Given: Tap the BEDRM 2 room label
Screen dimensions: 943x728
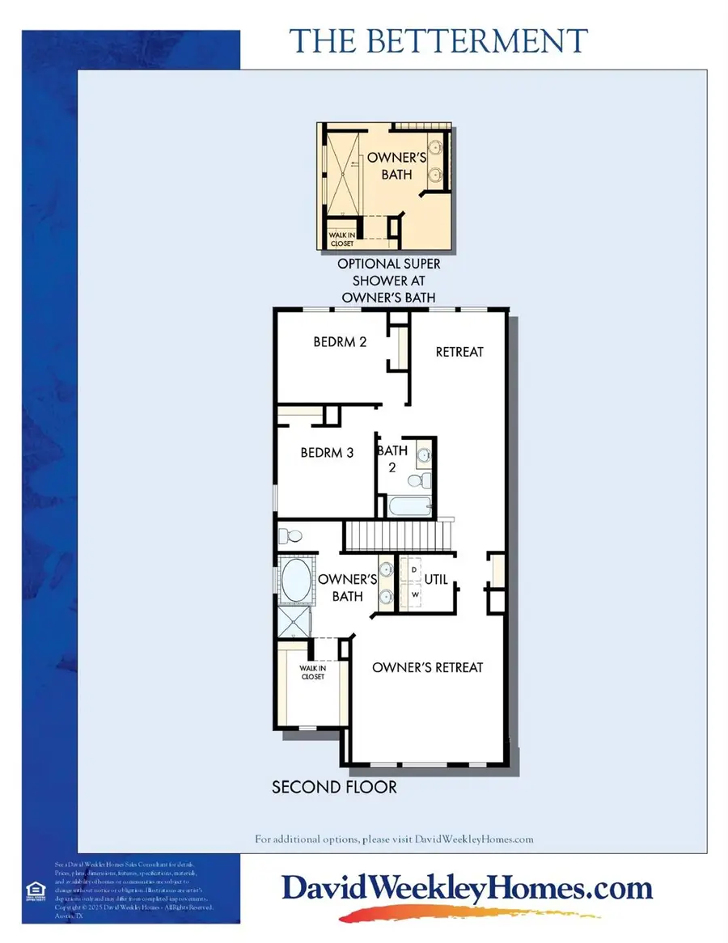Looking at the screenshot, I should (341, 342).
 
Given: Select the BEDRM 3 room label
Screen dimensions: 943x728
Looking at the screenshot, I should (328, 453).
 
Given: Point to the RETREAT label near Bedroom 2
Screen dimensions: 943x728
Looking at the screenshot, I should (459, 352).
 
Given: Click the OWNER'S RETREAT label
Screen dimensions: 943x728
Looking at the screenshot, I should (427, 667).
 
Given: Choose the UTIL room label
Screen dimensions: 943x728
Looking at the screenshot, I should (437, 580).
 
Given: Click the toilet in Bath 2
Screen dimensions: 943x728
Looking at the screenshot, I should (416, 481).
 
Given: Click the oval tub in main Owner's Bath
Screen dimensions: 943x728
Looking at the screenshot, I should (295, 580).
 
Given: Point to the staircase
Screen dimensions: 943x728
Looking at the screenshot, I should (397, 535).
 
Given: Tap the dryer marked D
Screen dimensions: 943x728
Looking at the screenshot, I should (414, 569).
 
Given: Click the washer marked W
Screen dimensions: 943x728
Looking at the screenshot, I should (414, 595).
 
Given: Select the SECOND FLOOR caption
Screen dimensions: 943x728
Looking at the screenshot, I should (334, 786).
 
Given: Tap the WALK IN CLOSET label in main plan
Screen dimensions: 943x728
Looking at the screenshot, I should (311, 672).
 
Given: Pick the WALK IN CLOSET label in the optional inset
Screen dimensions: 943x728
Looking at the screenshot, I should (341, 239).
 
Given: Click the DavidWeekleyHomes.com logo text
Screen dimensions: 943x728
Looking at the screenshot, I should (467, 889).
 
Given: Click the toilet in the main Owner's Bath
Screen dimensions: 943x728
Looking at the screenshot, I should (289, 535).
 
